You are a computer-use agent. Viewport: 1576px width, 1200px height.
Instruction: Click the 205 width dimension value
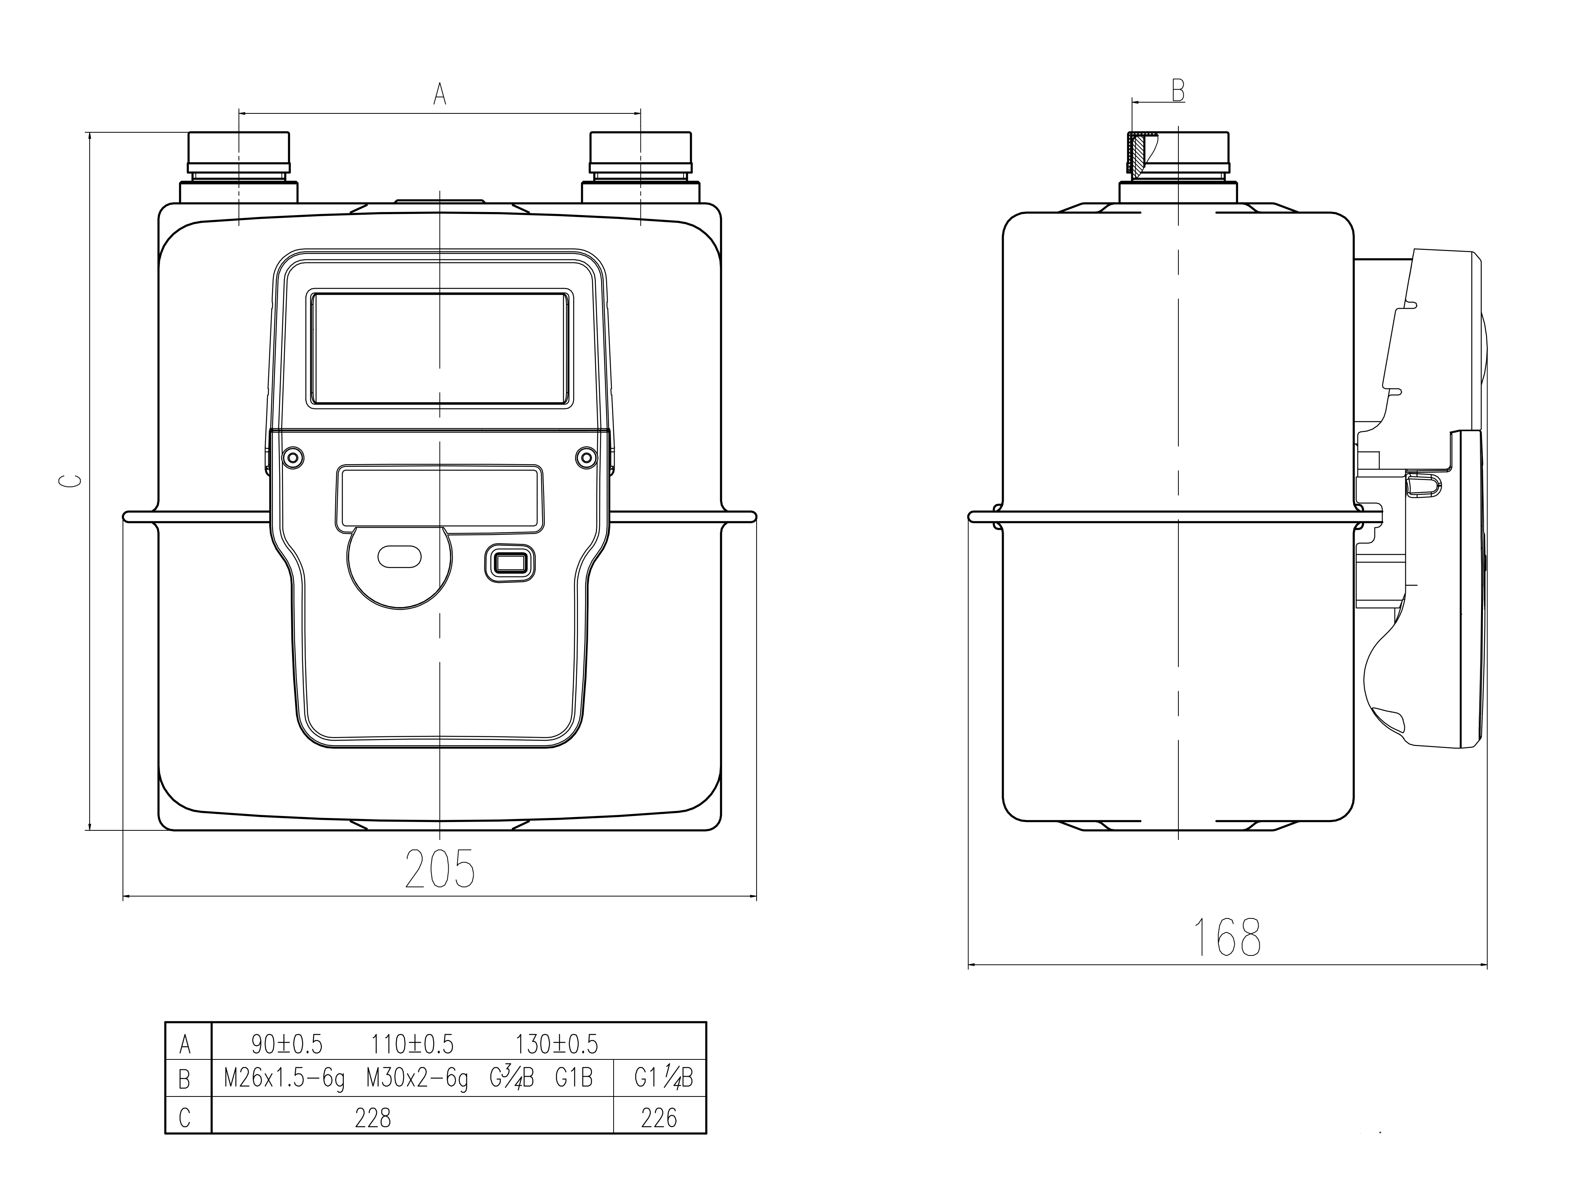[x=440, y=869]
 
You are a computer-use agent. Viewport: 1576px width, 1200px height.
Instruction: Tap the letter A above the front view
[x=440, y=94]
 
